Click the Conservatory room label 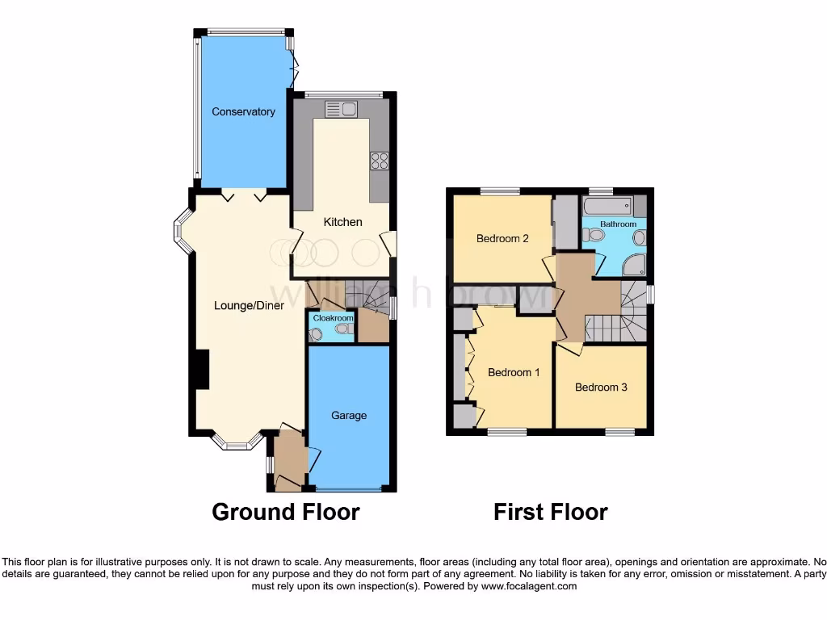(243, 112)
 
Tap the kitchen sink (341, 109)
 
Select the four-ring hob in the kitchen (379, 161)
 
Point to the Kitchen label (343, 222)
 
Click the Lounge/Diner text (249, 306)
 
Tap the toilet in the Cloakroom (343, 329)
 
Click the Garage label (349, 416)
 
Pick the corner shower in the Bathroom (635, 265)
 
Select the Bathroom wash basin (640, 237)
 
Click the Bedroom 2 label (502, 238)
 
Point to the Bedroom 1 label (514, 372)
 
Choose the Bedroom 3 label (601, 387)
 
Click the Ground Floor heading (285, 512)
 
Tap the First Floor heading (550, 512)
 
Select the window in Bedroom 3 (620, 433)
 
